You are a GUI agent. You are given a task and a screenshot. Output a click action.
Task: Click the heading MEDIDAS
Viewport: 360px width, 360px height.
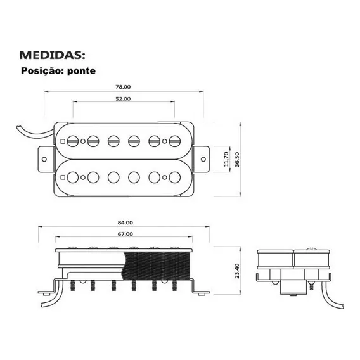pos(53,55)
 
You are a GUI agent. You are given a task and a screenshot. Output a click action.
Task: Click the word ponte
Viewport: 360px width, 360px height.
pos(82,71)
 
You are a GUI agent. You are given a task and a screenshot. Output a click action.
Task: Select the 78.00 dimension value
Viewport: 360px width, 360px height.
pos(123,87)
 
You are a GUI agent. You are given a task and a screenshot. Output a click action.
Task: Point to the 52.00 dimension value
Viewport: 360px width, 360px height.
pos(123,99)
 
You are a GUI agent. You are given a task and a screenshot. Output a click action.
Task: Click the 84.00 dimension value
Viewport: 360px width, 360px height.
pos(125,222)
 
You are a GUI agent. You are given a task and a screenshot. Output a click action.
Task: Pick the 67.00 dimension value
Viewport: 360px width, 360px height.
pos(125,234)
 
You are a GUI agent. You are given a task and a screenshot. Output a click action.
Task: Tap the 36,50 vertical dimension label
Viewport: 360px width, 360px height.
pos(237,159)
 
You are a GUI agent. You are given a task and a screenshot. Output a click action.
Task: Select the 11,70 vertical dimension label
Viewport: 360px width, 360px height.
pos(226,159)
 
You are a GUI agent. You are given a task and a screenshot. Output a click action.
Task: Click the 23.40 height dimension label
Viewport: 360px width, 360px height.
pos(237,271)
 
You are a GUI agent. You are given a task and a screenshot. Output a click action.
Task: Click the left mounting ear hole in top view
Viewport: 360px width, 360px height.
pos(44,159)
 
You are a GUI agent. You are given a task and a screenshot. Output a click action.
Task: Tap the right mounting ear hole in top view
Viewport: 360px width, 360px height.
pos(203,159)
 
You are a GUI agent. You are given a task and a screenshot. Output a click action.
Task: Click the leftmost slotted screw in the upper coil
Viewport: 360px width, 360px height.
pos(73,141)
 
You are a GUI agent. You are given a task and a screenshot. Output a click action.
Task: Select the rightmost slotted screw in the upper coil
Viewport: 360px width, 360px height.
pos(175,141)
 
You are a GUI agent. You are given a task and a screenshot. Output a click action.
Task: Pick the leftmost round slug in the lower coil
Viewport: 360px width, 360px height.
pos(73,177)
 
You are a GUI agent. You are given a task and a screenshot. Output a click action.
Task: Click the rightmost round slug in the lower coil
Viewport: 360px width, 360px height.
pos(175,177)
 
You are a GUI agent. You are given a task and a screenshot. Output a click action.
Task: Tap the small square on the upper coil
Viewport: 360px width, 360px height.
pos(63,141)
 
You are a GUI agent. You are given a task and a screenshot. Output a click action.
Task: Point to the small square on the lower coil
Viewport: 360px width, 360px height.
pos(63,177)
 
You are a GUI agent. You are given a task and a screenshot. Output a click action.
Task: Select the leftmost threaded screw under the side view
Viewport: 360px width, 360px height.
pos(72,285)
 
